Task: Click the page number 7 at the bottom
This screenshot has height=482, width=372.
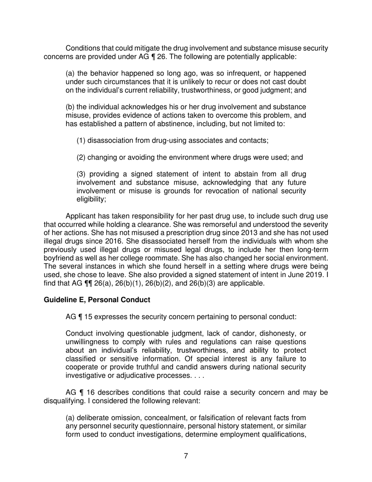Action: pyautogui.click(x=186, y=456)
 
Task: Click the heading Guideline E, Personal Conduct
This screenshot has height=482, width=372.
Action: pyautogui.click(x=97, y=300)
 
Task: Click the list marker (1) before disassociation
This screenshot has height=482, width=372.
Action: pyautogui.click(x=81, y=141)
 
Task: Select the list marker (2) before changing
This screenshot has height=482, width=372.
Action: pyautogui.click(x=81, y=158)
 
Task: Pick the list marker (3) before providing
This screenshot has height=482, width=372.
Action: pyautogui.click(x=81, y=174)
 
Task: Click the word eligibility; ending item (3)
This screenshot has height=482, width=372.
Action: pyautogui.click(x=91, y=199)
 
